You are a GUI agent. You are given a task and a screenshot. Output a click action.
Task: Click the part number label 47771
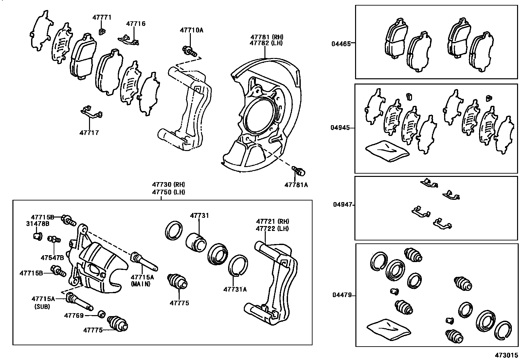coord(102,17)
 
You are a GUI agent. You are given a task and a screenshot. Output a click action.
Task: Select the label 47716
coord(136,24)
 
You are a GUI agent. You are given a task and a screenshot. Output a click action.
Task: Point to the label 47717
coord(89,133)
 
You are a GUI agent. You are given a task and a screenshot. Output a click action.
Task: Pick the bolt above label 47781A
coord(298,170)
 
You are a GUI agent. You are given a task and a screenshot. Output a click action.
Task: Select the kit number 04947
coord(343,204)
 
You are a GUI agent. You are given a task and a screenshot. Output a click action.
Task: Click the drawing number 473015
coord(506,355)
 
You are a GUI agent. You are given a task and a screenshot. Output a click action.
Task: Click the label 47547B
coord(52,257)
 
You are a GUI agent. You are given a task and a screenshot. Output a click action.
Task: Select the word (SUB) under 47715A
coord(43,307)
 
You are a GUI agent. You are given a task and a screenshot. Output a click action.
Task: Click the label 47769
coord(74,315)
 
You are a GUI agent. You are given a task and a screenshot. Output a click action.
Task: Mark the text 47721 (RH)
coord(273,221)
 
